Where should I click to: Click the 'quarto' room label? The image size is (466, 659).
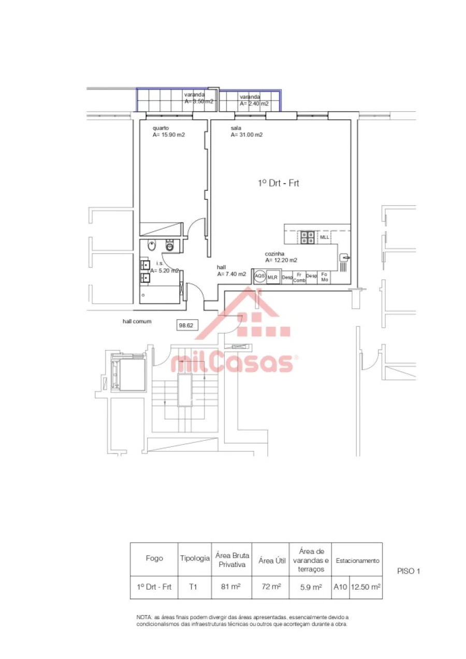[x=160, y=128]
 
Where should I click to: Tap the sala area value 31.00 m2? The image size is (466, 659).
[x=246, y=134]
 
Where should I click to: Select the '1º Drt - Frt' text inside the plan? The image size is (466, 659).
[x=279, y=183]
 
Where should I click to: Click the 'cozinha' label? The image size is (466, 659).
[x=274, y=254]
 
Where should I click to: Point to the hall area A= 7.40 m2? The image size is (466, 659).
[x=231, y=274]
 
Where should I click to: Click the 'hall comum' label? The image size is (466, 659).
[x=137, y=321]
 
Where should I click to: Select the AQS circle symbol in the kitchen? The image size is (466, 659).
[x=259, y=276]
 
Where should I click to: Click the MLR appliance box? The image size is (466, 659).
[x=273, y=277]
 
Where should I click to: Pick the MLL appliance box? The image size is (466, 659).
[x=324, y=237]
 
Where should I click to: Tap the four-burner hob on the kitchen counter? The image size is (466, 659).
[x=307, y=237]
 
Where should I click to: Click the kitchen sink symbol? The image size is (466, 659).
[x=344, y=257]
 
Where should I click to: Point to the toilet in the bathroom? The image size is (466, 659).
[x=170, y=245]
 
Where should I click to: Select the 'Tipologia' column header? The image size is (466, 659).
[x=195, y=558]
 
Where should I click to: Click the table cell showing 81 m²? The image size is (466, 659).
[x=232, y=587]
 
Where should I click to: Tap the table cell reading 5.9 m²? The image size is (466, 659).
[x=311, y=587]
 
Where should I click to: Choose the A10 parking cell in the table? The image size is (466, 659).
[x=340, y=587]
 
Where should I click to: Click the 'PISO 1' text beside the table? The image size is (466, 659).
[x=408, y=572]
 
